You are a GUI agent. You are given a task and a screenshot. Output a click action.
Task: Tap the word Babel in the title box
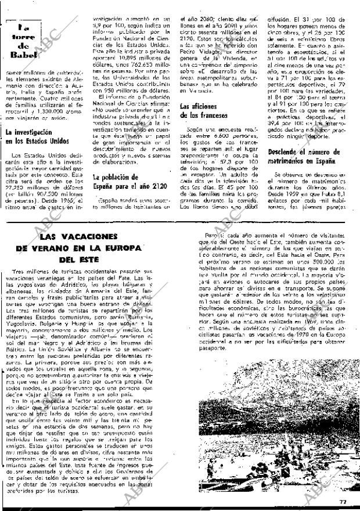click(x=24, y=55)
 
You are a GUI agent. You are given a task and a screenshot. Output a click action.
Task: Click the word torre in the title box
click(x=24, y=40)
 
